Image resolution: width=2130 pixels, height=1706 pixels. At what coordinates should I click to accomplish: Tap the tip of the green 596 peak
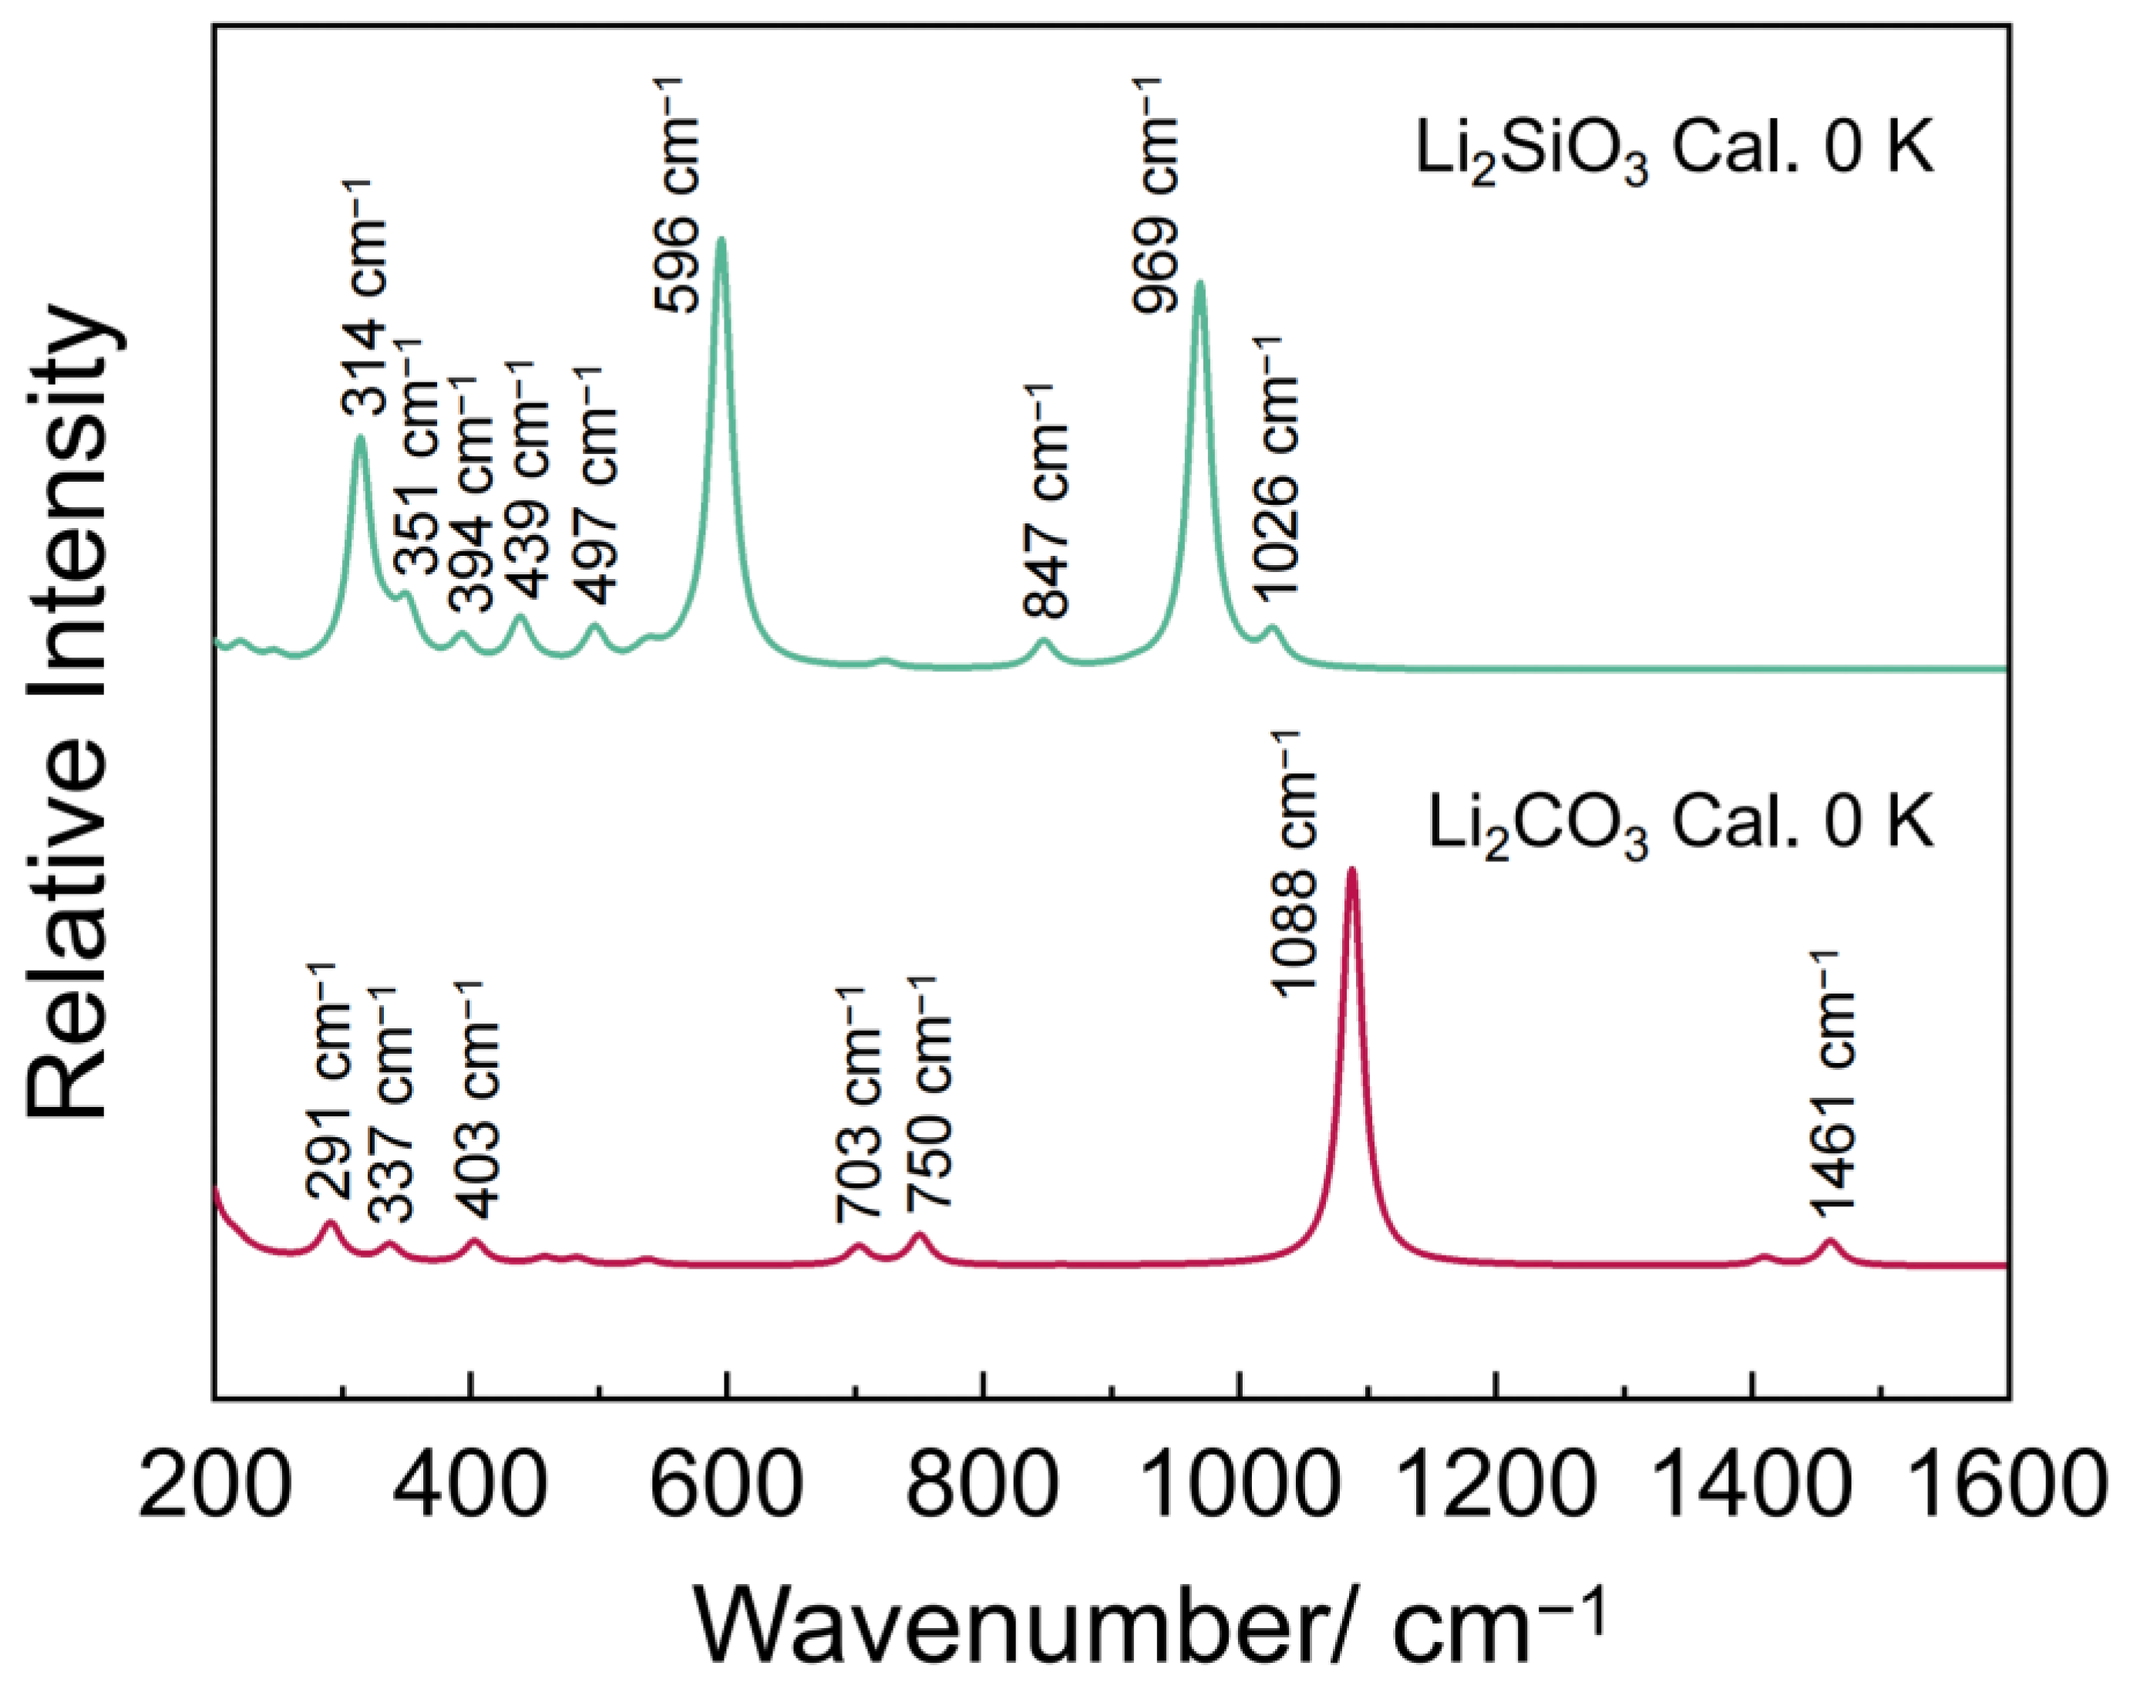[x=722, y=239]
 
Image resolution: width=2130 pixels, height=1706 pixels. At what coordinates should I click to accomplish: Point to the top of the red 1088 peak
[x=1351, y=870]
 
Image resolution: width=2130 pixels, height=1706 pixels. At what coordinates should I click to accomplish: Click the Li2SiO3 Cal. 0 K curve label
[x=1673, y=153]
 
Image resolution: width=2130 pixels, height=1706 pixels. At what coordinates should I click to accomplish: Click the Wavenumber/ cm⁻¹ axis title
[x=1151, y=1620]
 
